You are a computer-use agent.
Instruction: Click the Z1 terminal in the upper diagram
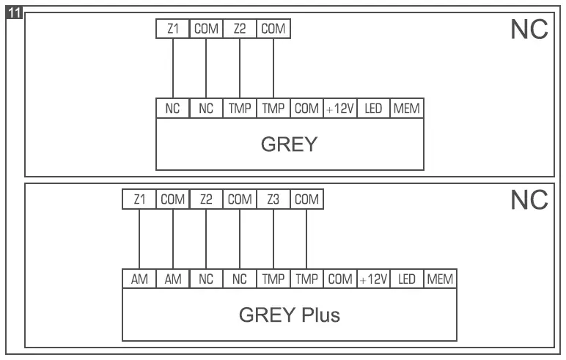(x=173, y=29)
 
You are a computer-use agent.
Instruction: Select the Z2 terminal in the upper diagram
(x=240, y=29)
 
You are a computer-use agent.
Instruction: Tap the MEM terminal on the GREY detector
(x=406, y=109)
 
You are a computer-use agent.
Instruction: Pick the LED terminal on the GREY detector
(x=373, y=109)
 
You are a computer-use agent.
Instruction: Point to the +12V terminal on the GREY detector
(x=339, y=109)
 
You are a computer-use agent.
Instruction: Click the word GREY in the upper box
(x=289, y=144)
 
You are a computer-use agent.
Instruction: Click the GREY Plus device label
(x=289, y=315)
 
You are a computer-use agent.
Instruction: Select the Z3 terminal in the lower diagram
(x=273, y=199)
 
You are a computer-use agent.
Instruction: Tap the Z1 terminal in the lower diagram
(x=139, y=199)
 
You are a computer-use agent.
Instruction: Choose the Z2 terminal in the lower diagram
(x=206, y=199)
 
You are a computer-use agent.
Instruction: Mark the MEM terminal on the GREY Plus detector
(x=440, y=279)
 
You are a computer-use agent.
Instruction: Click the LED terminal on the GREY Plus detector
(x=407, y=279)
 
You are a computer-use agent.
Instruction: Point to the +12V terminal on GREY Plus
(x=373, y=279)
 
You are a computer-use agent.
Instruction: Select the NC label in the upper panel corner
(x=529, y=31)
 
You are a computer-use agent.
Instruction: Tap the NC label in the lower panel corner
(x=529, y=201)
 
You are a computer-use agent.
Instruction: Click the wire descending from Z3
(x=273, y=239)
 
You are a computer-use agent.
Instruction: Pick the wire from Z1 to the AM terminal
(x=139, y=239)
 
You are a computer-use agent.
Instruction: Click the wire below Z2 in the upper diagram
(x=240, y=69)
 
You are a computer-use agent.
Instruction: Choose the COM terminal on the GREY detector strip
(x=306, y=109)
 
